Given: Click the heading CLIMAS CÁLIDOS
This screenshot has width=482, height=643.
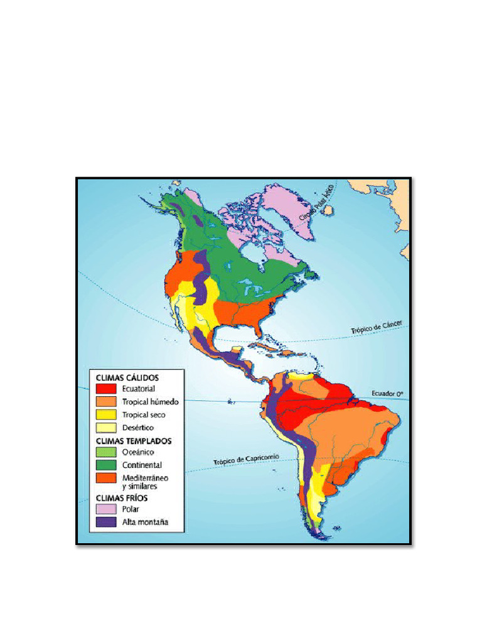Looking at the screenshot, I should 127,378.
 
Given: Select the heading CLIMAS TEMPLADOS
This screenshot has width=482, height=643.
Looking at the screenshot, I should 133,441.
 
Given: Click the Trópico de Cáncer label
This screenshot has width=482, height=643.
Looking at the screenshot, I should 376,328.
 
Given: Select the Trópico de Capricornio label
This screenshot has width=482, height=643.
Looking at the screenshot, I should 245,460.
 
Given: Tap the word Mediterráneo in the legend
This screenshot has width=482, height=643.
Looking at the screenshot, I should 145,478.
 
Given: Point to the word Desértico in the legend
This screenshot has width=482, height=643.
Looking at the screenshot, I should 138,428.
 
